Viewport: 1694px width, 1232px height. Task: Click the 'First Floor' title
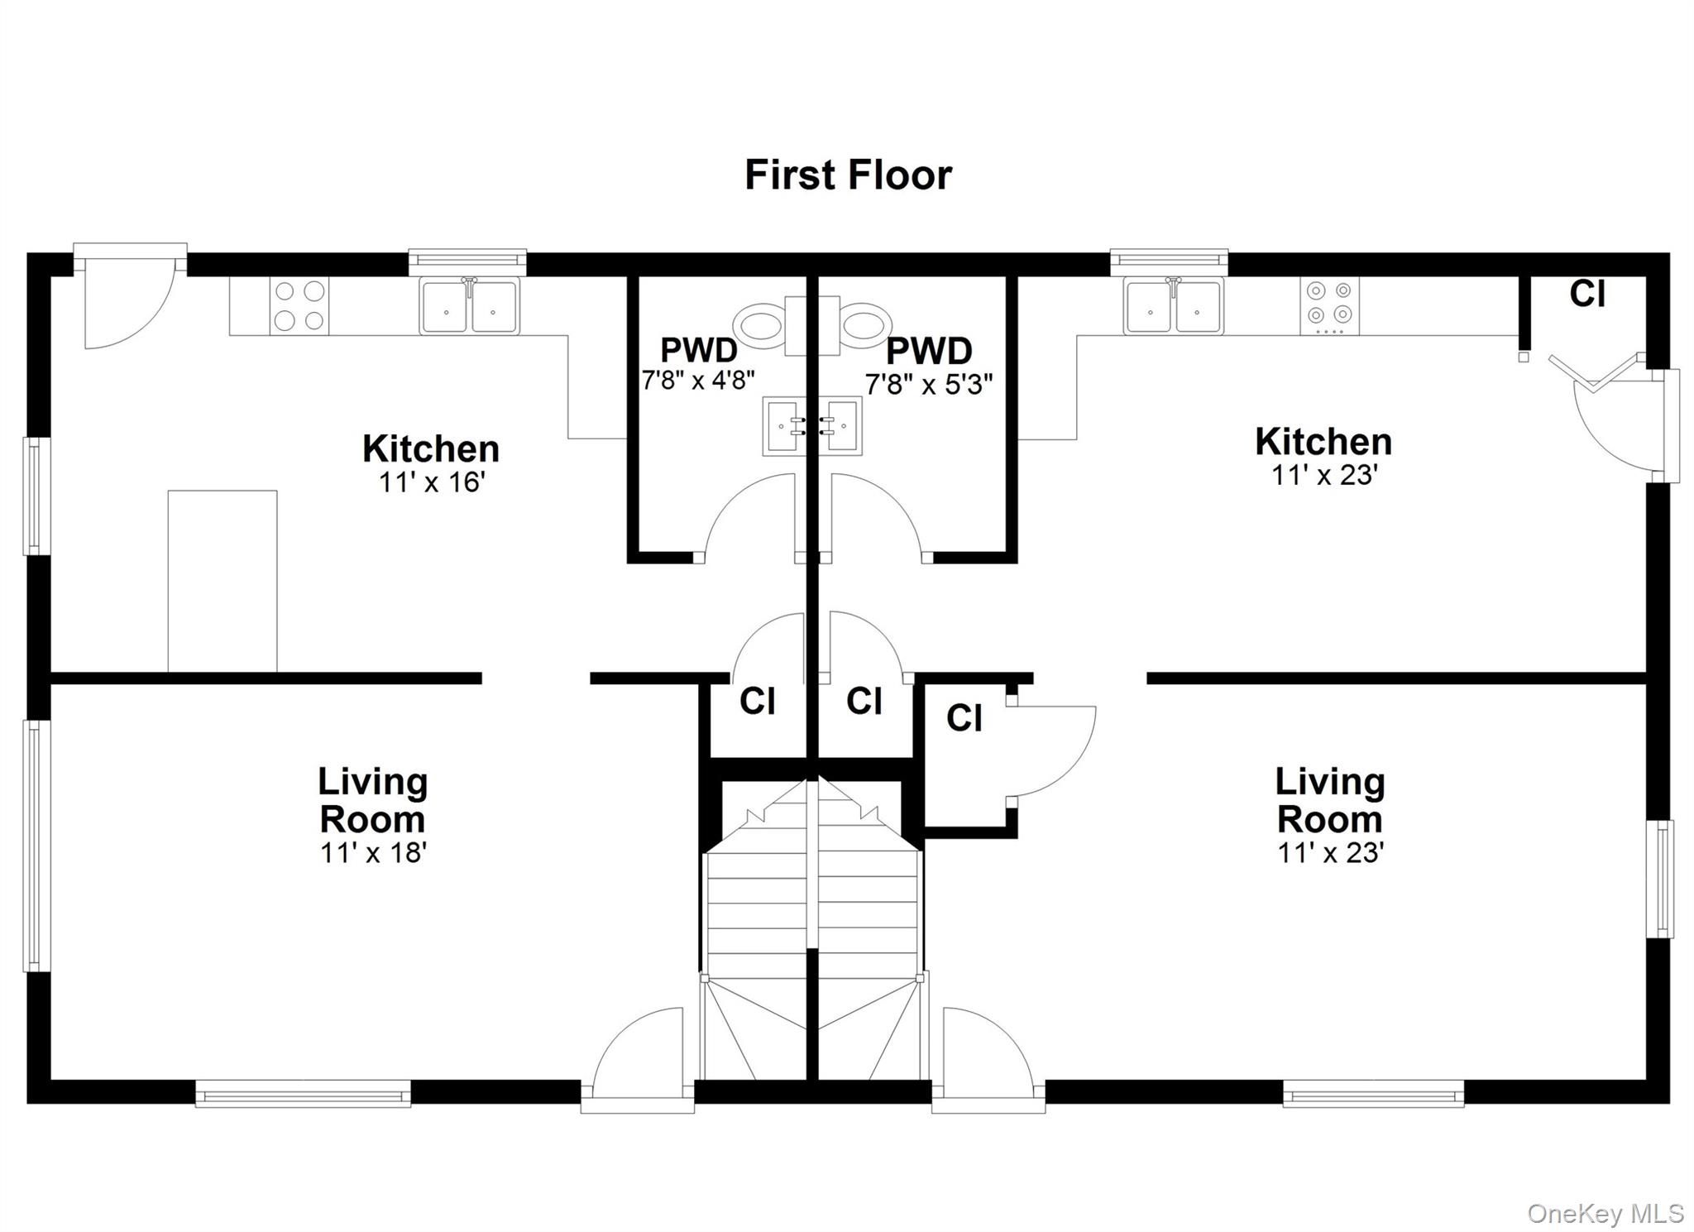[x=848, y=175]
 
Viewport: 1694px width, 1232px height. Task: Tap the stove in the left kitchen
[x=299, y=305]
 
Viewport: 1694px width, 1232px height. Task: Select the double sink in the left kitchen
[x=470, y=305]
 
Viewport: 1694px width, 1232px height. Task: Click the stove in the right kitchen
[x=1329, y=305]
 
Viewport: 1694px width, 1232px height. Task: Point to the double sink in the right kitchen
[x=1174, y=305]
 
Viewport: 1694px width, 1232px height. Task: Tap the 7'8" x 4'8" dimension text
[x=699, y=381]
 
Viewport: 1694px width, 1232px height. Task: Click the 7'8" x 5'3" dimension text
[x=929, y=384]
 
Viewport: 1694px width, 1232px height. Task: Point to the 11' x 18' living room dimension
[x=373, y=852]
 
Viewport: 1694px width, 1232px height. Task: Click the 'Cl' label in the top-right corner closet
[x=1587, y=294]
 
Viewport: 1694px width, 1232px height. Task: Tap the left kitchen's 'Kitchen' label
[x=431, y=449]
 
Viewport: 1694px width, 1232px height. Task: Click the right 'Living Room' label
[x=1330, y=800]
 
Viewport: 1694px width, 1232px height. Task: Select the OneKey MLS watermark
[x=1605, y=1214]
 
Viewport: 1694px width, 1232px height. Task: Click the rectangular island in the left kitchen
[x=223, y=581]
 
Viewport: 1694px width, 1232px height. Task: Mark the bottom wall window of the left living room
[x=303, y=1094]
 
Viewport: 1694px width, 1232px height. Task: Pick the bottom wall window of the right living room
[x=1373, y=1094]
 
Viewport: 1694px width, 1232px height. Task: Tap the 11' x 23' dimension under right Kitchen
[x=1324, y=475]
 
